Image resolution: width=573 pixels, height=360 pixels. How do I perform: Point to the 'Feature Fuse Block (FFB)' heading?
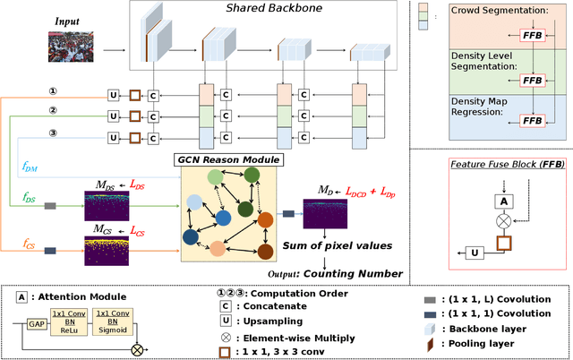click(495, 164)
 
